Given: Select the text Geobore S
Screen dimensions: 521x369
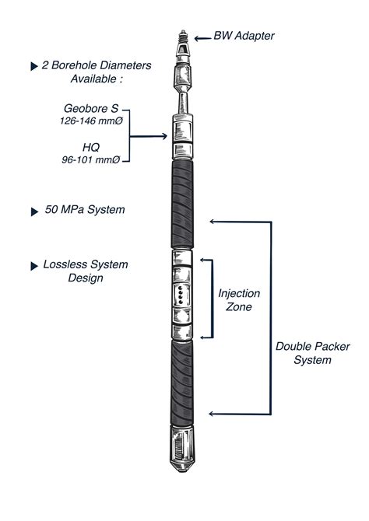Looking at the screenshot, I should point(86,110).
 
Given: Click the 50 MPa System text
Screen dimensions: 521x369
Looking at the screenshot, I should point(86,210).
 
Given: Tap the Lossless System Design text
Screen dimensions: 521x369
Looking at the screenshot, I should point(86,271).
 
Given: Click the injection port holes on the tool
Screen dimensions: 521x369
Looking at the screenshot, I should point(180,296).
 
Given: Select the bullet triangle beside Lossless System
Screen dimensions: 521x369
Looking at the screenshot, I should point(33,265).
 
